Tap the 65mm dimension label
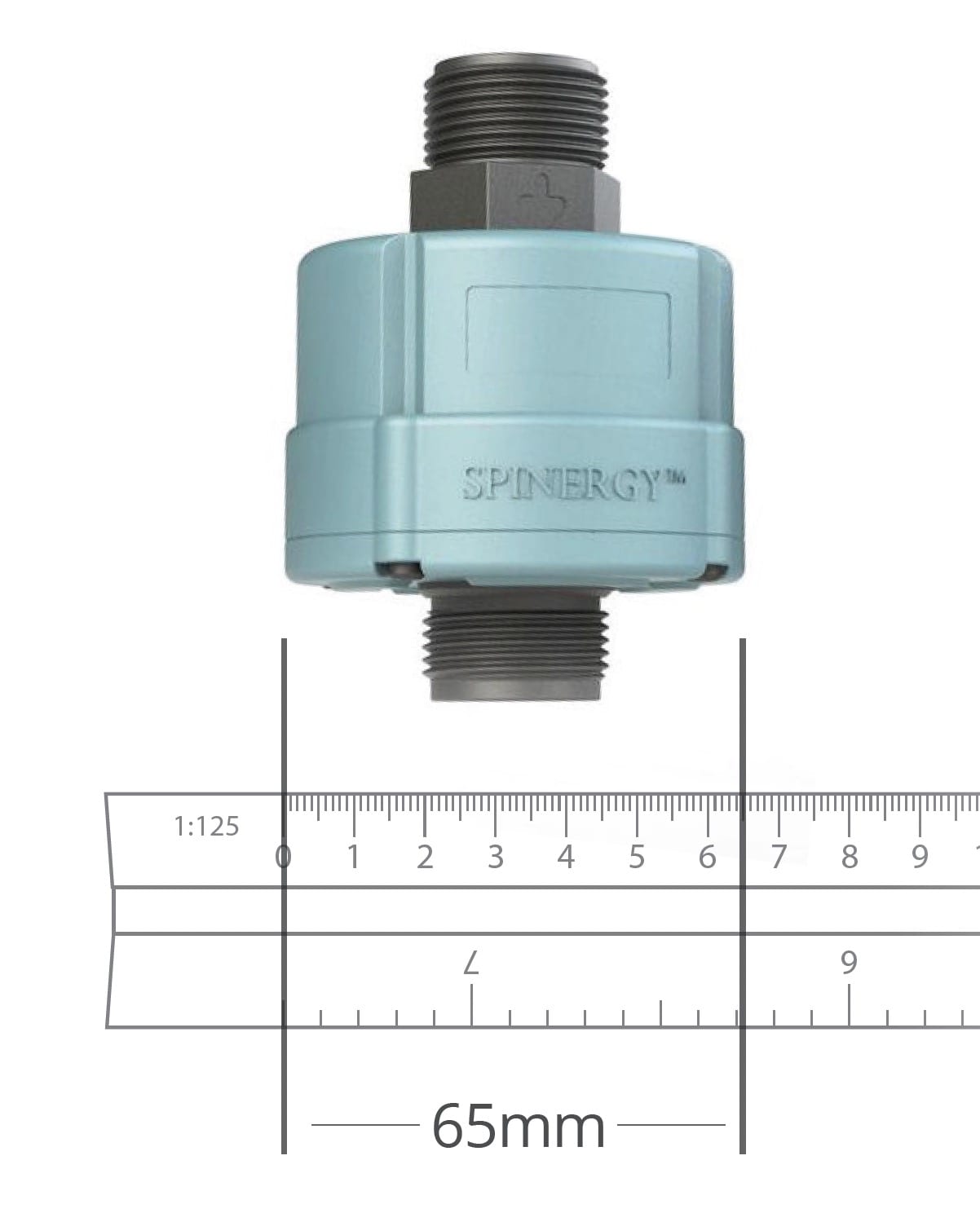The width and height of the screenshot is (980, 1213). (519, 1127)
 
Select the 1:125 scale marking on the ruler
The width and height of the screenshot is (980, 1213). (207, 827)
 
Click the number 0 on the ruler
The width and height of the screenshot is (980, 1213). (283, 858)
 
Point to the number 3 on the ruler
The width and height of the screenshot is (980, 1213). (495, 858)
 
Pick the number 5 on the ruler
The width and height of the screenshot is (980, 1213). (637, 858)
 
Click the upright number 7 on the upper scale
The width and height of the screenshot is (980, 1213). (779, 858)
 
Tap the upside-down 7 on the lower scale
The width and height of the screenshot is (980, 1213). (471, 964)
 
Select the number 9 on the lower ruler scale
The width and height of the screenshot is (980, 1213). (849, 963)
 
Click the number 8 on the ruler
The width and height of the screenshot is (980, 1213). (850, 858)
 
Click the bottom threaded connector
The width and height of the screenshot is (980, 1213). (515, 652)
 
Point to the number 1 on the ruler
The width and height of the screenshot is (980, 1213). (354, 858)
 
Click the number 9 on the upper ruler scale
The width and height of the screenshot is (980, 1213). (920, 858)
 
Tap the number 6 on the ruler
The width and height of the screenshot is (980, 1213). (707, 858)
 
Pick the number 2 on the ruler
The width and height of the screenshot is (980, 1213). (425, 858)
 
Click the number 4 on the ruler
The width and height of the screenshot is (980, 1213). (566, 858)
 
